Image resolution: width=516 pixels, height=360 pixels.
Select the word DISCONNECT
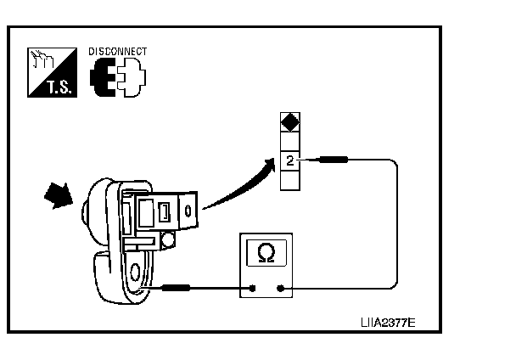tap(117, 52)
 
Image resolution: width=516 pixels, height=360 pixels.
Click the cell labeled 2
tap(289, 159)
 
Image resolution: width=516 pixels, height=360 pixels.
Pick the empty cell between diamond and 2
tap(289, 142)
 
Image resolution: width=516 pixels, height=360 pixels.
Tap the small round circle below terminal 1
tap(168, 241)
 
